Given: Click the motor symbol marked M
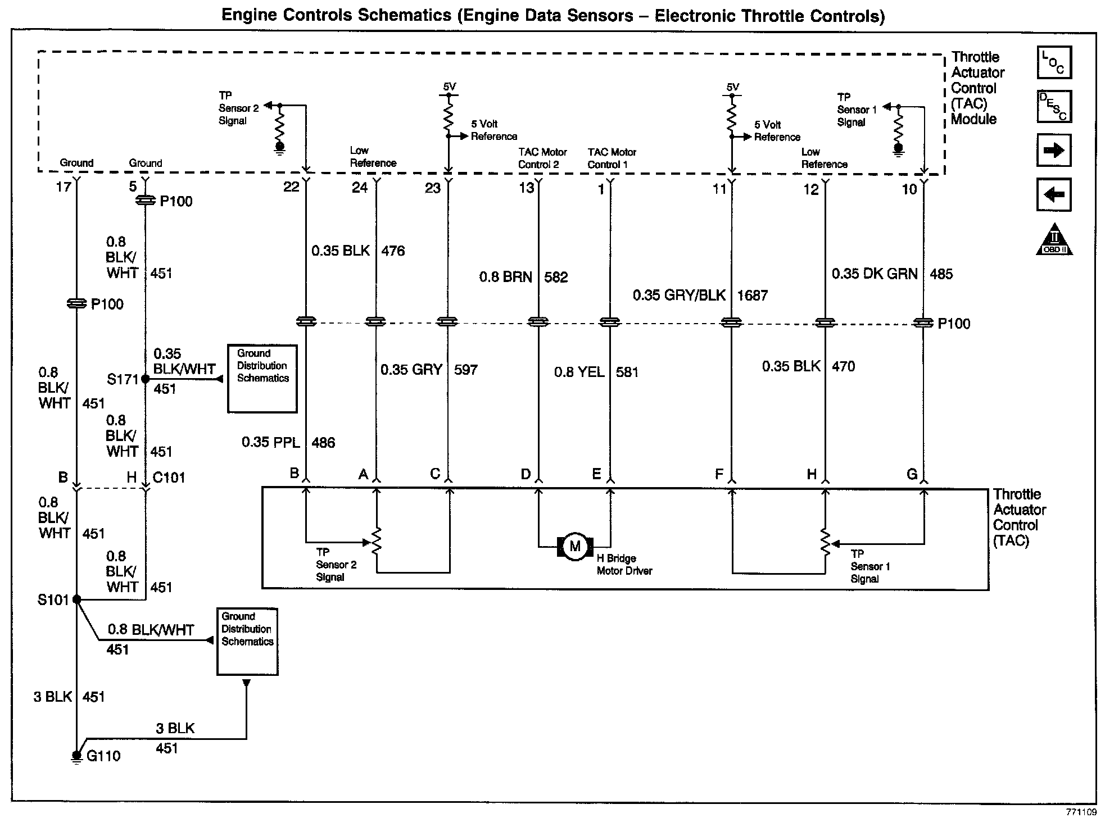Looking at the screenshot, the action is point(574,546).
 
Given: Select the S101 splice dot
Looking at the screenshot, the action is point(77,600).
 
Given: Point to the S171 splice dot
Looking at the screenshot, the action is point(145,379).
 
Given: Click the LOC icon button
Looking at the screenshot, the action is point(1054,62).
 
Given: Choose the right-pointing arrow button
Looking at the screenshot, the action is point(1054,151).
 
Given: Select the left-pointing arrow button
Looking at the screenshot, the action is point(1054,195).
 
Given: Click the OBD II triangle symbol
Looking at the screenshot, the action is point(1054,240).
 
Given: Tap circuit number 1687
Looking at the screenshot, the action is point(752,296).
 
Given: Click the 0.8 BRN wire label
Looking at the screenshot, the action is point(505,277).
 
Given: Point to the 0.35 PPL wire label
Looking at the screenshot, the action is point(271,443).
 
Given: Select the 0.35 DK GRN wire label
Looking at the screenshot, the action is point(875,274).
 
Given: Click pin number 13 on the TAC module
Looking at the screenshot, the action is point(527,188).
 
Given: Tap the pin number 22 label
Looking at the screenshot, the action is point(291,187).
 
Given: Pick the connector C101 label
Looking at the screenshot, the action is point(169,478).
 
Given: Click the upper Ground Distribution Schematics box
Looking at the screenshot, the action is point(262,379).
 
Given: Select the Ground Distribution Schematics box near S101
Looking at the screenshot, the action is point(247,642).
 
